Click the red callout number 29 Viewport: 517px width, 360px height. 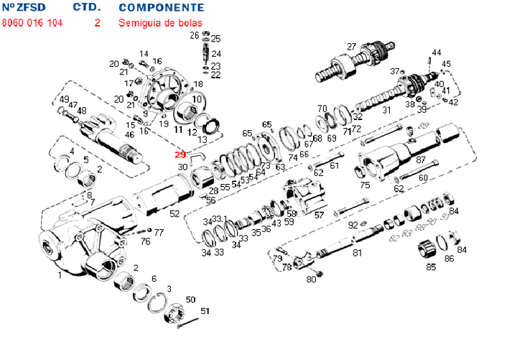180,153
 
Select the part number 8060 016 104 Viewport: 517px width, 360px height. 32,22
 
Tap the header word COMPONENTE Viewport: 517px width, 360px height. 161,7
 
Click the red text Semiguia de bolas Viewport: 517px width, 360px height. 160,22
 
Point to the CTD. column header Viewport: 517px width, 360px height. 87,7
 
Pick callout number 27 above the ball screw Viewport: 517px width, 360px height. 351,47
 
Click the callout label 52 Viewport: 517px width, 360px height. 174,213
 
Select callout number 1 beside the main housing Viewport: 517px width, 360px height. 59,274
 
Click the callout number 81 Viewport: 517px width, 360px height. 357,252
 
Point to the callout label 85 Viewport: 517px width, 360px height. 431,267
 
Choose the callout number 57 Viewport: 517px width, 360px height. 320,215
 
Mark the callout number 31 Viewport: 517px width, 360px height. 386,111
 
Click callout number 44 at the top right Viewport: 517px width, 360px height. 436,52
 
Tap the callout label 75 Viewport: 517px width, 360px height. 365,185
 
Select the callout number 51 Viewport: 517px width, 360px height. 205,310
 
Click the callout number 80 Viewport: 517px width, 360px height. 311,279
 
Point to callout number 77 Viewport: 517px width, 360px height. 159,232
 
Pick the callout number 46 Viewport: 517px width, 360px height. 129,134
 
